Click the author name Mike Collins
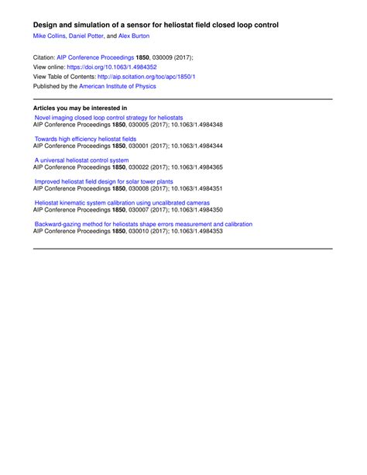point(50,36)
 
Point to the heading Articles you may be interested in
point(81,108)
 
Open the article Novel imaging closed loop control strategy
point(108,118)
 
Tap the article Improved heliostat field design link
point(104,182)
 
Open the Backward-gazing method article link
point(143,225)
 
